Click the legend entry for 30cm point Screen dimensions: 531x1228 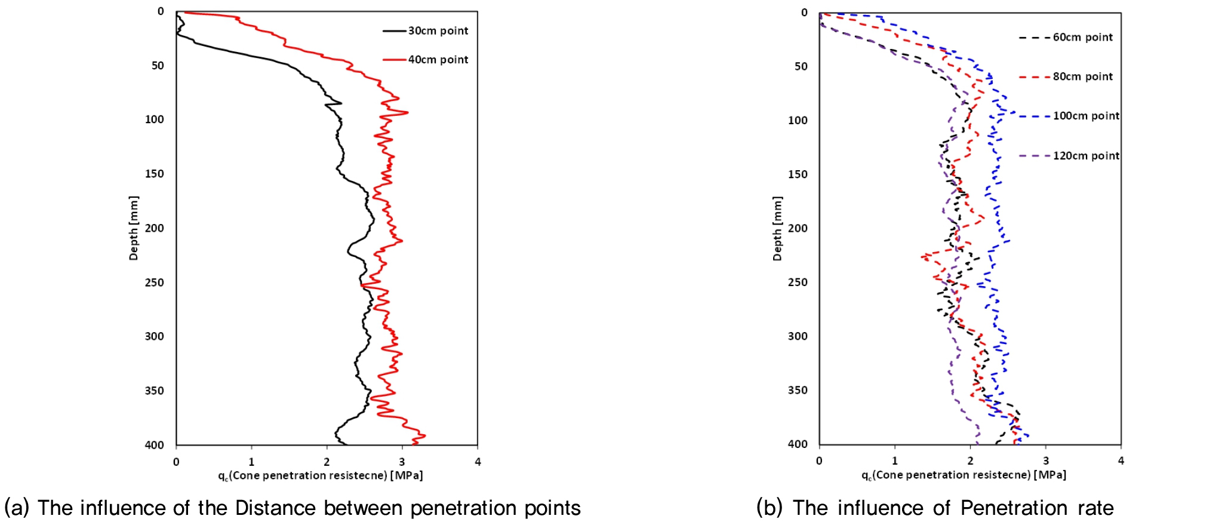click(x=438, y=31)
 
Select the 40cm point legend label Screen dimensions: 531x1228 click(x=438, y=60)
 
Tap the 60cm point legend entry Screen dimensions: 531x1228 click(x=1082, y=38)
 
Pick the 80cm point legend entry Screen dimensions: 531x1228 click(x=1082, y=77)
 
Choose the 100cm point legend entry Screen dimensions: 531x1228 click(x=1085, y=116)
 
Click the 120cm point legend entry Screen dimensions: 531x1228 click(x=1085, y=156)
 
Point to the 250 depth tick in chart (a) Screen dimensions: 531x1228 click(x=154, y=283)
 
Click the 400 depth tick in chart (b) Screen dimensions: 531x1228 click(x=798, y=444)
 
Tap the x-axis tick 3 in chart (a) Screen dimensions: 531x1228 click(x=402, y=462)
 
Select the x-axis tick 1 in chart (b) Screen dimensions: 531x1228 click(x=894, y=461)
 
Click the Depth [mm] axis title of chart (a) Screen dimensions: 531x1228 click(x=133, y=228)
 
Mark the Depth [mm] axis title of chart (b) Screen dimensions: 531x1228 click(x=777, y=228)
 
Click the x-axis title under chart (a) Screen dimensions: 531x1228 click(x=320, y=475)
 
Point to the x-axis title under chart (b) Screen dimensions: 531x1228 click(x=964, y=475)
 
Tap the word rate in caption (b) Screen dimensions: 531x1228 click(x=1095, y=508)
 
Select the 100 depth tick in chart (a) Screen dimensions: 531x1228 click(x=154, y=119)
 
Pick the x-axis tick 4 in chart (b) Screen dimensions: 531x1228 click(x=1121, y=461)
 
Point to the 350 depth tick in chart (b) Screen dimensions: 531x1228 click(x=798, y=390)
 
